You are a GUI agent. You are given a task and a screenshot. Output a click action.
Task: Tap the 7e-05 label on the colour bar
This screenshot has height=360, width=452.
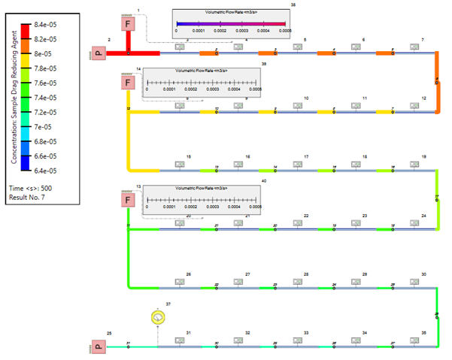pos(43,127)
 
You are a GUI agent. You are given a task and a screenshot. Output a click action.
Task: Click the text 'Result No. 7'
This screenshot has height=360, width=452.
pos(29,195)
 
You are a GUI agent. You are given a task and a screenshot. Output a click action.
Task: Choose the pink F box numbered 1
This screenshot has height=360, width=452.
pos(129,24)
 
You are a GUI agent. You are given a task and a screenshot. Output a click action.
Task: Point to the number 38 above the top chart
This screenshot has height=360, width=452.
pos(293,5)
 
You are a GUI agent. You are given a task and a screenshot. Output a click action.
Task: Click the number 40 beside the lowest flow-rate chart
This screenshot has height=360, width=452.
pos(264,181)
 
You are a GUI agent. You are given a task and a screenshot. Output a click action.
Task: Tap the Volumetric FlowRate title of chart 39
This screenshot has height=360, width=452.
pos(202,71)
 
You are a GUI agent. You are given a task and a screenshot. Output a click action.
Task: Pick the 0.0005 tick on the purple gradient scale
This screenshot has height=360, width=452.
pos(285,31)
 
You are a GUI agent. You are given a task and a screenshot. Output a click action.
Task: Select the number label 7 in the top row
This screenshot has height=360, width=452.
pos(423,39)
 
